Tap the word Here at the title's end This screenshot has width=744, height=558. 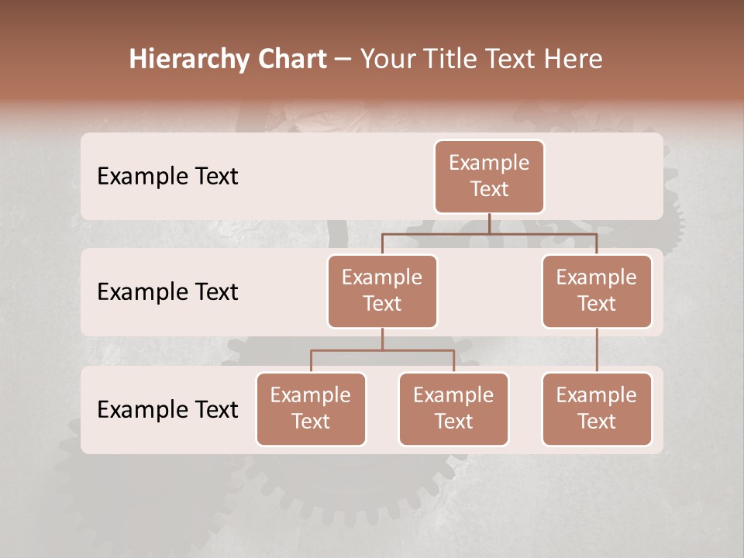[x=573, y=60]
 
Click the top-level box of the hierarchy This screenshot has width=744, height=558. [x=489, y=177]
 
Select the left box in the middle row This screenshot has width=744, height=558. [x=382, y=291]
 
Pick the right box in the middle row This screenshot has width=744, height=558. [x=597, y=291]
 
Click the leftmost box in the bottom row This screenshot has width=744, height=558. [x=311, y=409]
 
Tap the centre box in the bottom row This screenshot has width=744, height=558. [x=453, y=409]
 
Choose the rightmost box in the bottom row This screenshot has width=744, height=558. [x=597, y=409]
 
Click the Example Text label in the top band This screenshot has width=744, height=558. [x=167, y=177]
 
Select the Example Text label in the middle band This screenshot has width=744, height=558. [x=167, y=292]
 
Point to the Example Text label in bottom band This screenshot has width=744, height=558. [x=167, y=410]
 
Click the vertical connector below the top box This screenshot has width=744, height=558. [x=489, y=223]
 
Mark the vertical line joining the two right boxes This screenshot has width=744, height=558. [x=597, y=350]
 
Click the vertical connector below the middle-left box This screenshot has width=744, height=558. [x=382, y=339]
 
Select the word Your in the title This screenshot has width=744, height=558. [x=388, y=60]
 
